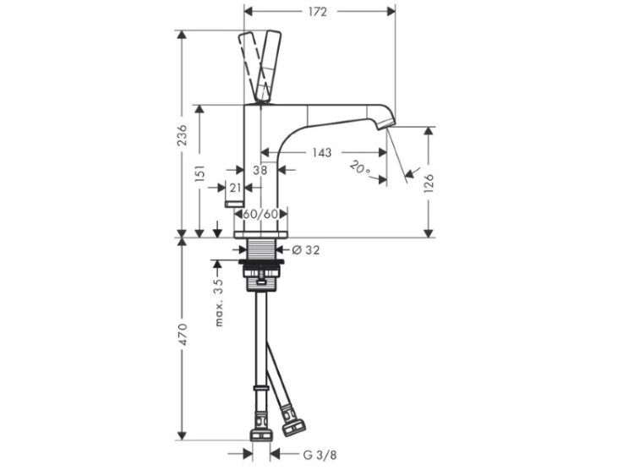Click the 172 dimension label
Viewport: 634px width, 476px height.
tap(317, 12)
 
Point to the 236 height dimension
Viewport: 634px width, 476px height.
tap(183, 135)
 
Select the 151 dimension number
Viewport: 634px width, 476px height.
tap(200, 172)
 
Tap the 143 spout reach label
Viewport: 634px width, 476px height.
tap(322, 152)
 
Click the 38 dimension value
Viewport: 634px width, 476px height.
tap(260, 170)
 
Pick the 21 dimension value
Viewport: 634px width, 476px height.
tap(235, 188)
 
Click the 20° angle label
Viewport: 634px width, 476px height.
tap(359, 167)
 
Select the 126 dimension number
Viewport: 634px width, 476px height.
tap(429, 183)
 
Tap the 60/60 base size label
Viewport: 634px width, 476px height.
tap(261, 214)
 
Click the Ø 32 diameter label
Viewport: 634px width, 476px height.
tap(306, 250)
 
